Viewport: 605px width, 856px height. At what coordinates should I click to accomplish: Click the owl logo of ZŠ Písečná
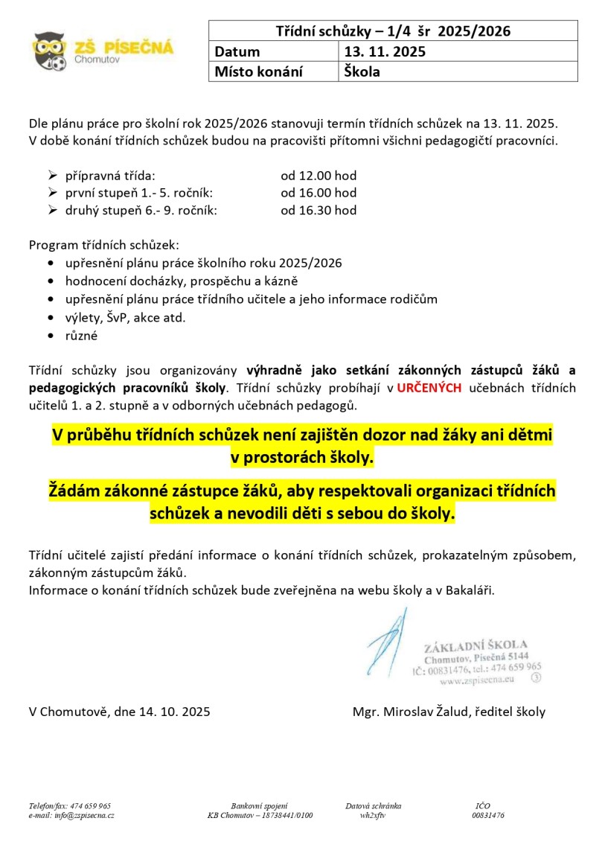(51, 50)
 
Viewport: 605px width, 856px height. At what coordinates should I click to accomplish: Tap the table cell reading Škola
(362, 72)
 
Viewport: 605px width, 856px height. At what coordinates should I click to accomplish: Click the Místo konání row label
(258, 72)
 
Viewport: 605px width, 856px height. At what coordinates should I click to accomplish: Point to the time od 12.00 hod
(318, 176)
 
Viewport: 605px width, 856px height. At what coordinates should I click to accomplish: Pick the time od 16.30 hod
(318, 210)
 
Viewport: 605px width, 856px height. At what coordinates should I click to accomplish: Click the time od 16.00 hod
(318, 193)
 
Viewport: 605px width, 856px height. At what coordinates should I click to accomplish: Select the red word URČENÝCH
(429, 388)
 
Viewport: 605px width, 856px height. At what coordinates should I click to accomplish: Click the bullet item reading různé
(81, 335)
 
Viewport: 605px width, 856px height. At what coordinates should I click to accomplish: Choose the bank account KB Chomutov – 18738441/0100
(260, 815)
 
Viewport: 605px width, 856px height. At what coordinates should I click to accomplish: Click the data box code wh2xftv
(372, 815)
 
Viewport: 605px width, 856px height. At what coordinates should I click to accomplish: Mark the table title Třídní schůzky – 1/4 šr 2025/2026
(393, 31)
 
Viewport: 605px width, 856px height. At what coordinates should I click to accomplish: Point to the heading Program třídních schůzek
(103, 245)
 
